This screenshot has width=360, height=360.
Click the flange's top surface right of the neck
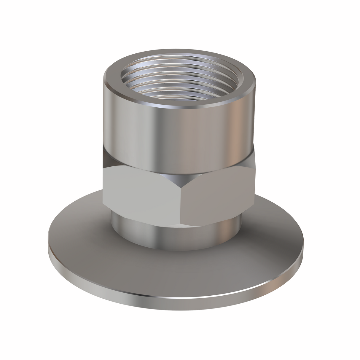click(276, 237)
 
